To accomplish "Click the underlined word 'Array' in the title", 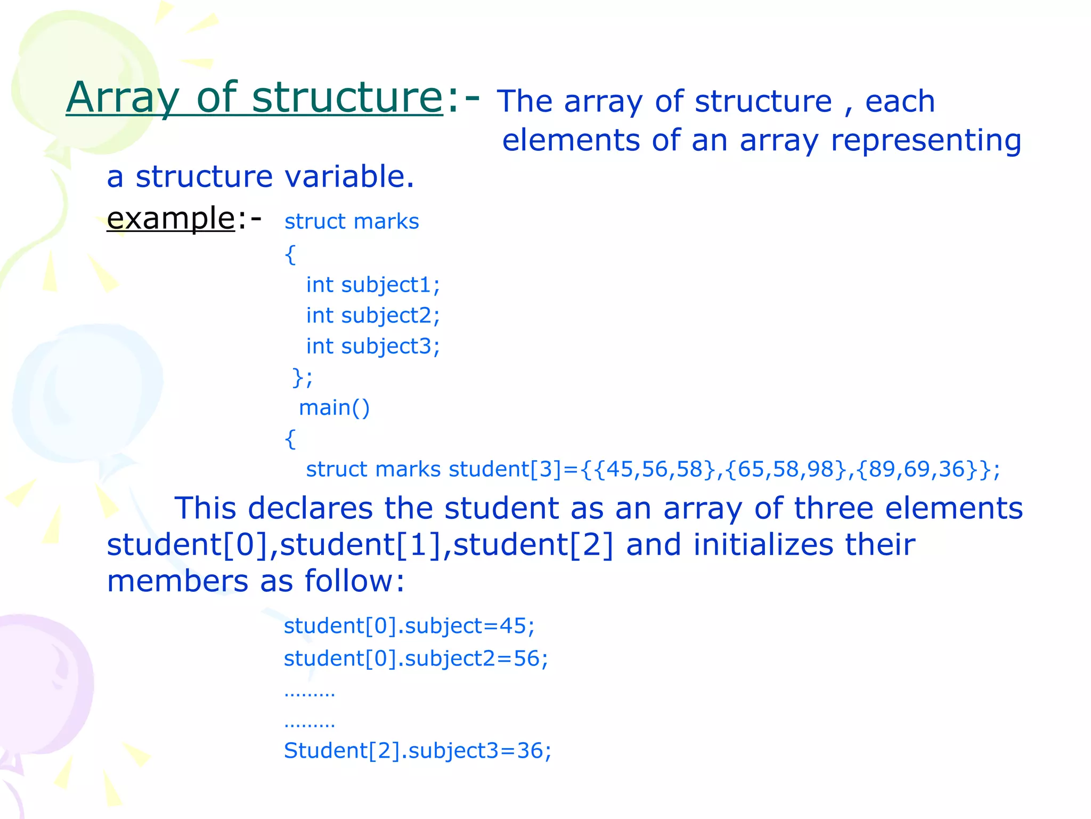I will tap(123, 98).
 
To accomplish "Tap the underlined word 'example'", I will tap(170, 218).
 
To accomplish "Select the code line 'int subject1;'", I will tap(373, 285).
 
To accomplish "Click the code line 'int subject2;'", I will tap(373, 316).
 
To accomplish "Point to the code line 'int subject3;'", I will tap(373, 347).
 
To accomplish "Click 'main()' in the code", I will tap(334, 408).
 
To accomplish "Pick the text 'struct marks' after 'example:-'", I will tap(352, 221).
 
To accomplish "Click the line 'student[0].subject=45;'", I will tap(409, 626).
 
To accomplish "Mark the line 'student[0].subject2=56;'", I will tap(416, 659).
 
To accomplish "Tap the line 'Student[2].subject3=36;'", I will tap(417, 751).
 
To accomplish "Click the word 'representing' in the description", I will tap(926, 141).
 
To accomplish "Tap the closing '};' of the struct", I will tap(303, 378).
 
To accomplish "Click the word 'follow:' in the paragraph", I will tap(354, 581).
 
